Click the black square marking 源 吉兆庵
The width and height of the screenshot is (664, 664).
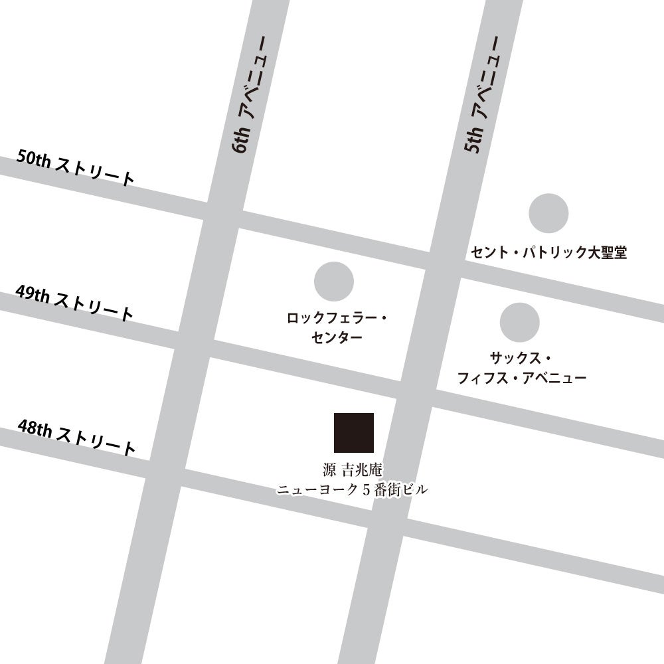[353, 432]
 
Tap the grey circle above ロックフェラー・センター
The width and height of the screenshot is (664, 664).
[333, 281]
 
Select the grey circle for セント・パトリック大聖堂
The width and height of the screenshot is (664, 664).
[548, 213]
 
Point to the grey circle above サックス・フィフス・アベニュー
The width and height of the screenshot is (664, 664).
[519, 322]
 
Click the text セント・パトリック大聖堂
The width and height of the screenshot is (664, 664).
[548, 252]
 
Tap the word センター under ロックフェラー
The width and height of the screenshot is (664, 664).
[337, 337]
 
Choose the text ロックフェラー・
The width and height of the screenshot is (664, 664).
[337, 319]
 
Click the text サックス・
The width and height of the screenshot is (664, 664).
[520, 359]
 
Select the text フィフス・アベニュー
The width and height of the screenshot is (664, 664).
[522, 378]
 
